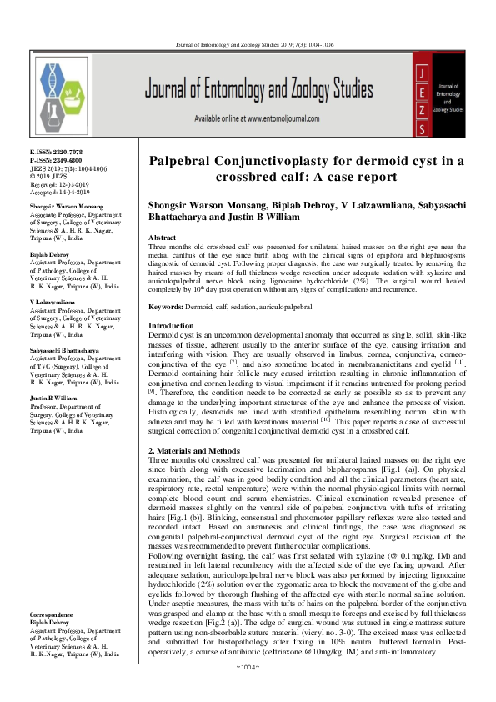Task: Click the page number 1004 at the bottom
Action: click(248, 689)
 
